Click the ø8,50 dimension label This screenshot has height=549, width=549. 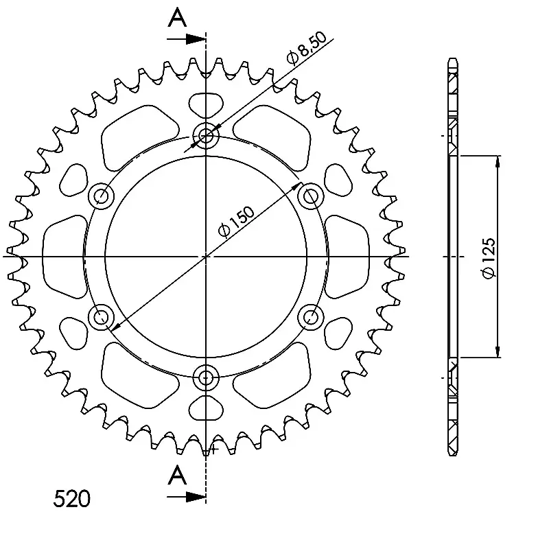(306, 48)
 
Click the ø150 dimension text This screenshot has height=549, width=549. (236, 221)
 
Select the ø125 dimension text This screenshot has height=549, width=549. (489, 258)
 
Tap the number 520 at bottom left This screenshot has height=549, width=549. (72, 499)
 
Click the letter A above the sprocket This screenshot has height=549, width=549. (178, 18)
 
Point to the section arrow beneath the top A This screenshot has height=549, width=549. (186, 39)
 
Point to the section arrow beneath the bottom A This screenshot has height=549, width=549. (186, 496)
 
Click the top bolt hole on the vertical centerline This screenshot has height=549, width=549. (206, 135)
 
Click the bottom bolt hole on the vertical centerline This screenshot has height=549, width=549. (206, 377)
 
